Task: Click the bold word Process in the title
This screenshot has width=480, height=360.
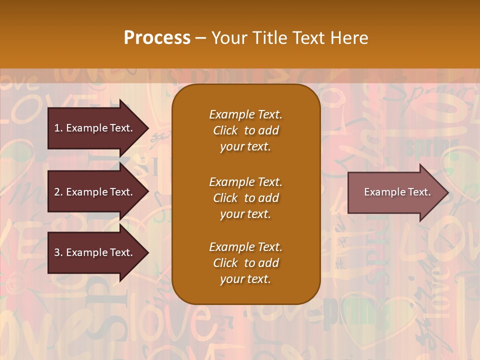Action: click(157, 38)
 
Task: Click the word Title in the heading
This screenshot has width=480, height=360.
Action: click(269, 38)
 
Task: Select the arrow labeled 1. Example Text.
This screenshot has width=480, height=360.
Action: click(95, 128)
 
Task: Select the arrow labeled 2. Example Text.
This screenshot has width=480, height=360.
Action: click(95, 192)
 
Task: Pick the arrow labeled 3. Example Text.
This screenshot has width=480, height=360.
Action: click(95, 252)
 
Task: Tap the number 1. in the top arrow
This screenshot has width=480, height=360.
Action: click(58, 128)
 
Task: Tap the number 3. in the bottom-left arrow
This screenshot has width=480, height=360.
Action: click(58, 252)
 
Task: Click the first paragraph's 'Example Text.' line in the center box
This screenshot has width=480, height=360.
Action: click(245, 114)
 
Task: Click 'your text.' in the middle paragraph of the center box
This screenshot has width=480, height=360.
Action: click(245, 214)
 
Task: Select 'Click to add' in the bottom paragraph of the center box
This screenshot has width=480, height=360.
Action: click(245, 263)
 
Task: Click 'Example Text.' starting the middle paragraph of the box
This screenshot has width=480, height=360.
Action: click(245, 182)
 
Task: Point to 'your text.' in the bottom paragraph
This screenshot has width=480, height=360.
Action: click(245, 279)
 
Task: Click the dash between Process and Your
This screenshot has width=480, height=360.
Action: click(200, 38)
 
